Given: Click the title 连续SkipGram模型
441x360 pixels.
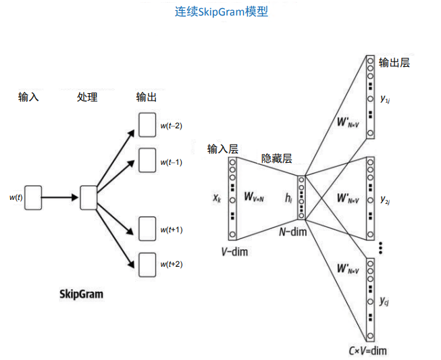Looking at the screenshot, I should click(221, 11).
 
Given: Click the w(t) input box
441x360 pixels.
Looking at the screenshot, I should click(34, 197).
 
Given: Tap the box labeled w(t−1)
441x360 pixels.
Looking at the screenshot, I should click(147, 161).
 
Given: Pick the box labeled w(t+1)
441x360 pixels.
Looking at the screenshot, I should click(147, 228).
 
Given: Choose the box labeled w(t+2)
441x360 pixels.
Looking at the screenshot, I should click(147, 263).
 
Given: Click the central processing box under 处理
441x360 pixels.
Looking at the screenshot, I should click(89, 197).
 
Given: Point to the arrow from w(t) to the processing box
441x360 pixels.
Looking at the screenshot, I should click(61, 197).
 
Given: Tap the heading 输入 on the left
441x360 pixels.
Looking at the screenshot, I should click(28, 97).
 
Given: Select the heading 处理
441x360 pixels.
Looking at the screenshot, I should click(88, 97).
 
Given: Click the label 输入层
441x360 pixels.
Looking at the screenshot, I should click(223, 149).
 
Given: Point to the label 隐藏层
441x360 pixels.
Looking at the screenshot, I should click(277, 159).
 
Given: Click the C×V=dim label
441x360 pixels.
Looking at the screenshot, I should click(368, 351).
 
